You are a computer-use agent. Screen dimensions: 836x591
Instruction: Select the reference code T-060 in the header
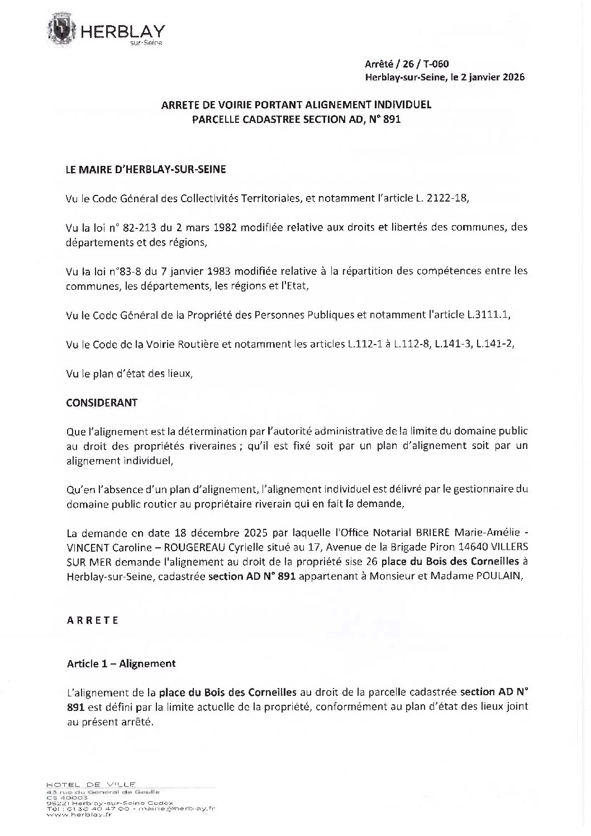point(436,64)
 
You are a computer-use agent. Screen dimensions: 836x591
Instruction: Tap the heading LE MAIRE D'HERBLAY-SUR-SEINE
point(146,170)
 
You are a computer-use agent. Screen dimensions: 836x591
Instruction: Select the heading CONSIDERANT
point(102,402)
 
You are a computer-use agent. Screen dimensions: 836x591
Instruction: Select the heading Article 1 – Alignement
point(121,663)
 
